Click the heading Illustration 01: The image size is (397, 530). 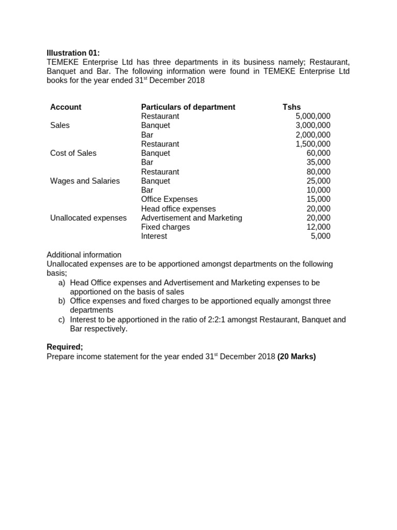(73, 53)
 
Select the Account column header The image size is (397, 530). (66, 107)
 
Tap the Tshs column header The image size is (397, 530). (292, 107)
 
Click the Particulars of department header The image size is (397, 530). (188, 107)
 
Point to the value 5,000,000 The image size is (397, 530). (313, 116)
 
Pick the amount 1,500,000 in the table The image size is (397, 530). (313, 144)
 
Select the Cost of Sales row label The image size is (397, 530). (73, 153)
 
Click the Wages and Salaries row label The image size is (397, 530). (85, 181)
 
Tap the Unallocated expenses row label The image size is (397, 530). (88, 218)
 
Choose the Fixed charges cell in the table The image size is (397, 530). (165, 227)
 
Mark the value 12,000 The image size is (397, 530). (318, 227)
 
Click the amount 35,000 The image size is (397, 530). (318, 163)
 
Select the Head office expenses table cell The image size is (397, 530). (178, 209)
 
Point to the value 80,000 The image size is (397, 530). (318, 172)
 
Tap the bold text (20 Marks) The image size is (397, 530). (296, 357)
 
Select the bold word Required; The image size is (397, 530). (65, 347)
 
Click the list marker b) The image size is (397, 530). (62, 301)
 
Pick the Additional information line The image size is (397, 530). (84, 255)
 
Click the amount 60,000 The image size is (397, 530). (318, 153)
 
